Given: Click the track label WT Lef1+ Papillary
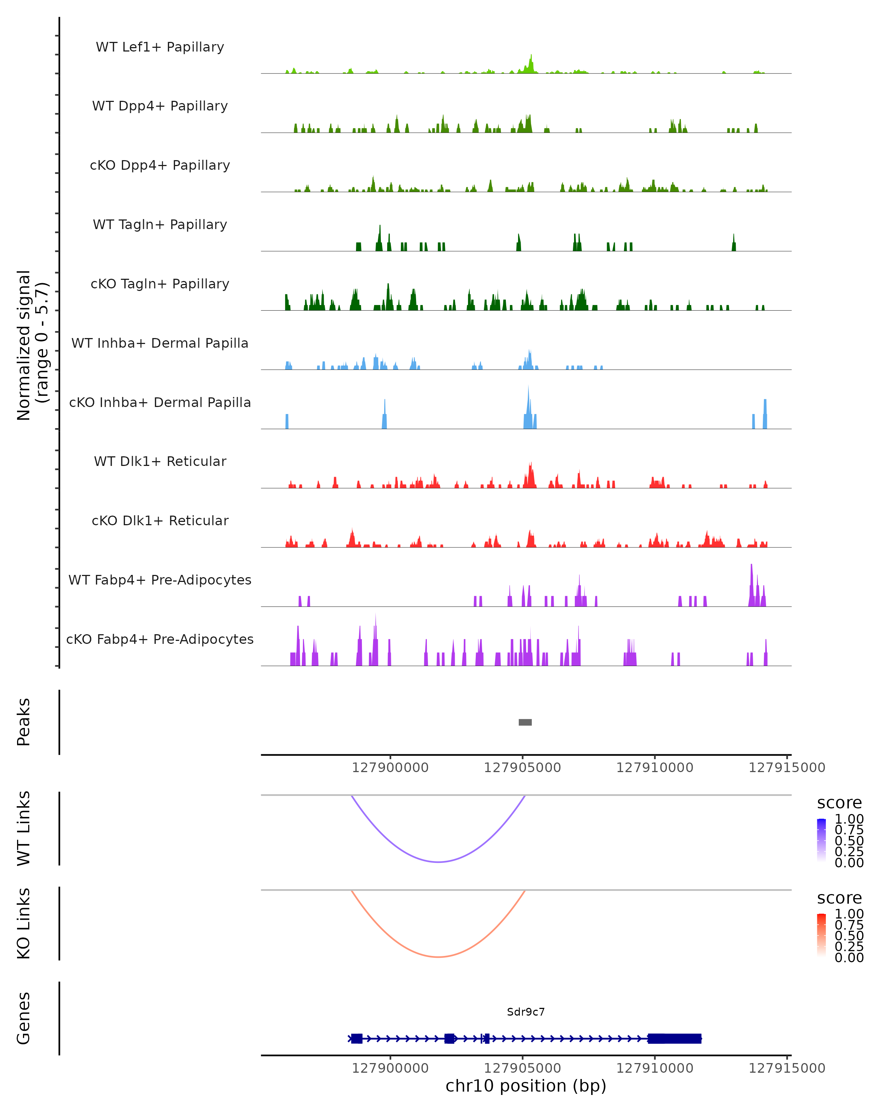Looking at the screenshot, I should (160, 47).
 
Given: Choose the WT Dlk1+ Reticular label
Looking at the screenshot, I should (160, 461).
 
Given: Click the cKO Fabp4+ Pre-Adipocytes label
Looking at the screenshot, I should (160, 639).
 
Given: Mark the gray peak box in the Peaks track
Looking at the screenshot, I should (525, 722).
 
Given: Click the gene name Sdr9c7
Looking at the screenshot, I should (526, 1012).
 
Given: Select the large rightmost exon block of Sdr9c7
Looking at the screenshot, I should (674, 1038).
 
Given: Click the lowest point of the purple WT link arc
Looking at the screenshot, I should (438, 862).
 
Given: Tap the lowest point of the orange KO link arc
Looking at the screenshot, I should (438, 957).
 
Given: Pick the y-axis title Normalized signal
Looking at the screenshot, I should (24, 345).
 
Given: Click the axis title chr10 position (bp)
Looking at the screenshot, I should (526, 1086).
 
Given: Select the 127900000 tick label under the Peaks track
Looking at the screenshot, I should (390, 768).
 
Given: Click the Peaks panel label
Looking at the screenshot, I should (24, 722).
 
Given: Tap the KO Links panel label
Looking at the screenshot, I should (24, 923).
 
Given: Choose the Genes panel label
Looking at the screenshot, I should (24, 1018).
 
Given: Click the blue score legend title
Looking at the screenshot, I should (839, 802).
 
